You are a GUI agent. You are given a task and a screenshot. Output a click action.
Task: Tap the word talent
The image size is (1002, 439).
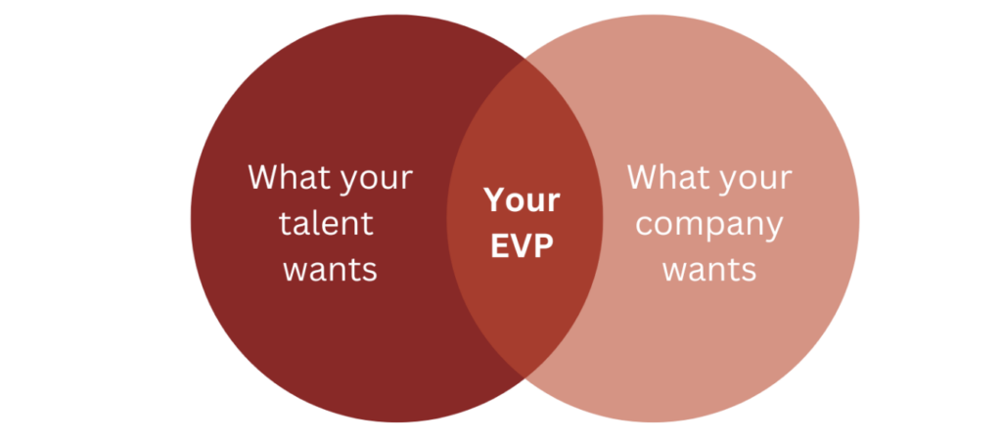coord(326,223)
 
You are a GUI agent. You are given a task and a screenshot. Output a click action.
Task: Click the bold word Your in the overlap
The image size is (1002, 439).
coord(523,200)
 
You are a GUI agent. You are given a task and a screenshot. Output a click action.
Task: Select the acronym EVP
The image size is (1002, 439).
coord(523,245)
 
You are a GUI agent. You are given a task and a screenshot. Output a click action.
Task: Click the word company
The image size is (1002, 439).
coord(709,226)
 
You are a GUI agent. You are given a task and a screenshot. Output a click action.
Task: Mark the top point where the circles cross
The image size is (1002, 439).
coord(524,56)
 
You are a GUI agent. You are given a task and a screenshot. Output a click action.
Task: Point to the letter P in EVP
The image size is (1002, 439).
coord(544,245)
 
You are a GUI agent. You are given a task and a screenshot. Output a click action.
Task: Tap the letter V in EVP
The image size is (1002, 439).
coord(522,245)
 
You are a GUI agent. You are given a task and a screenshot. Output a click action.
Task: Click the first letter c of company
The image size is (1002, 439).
coord(645,225)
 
